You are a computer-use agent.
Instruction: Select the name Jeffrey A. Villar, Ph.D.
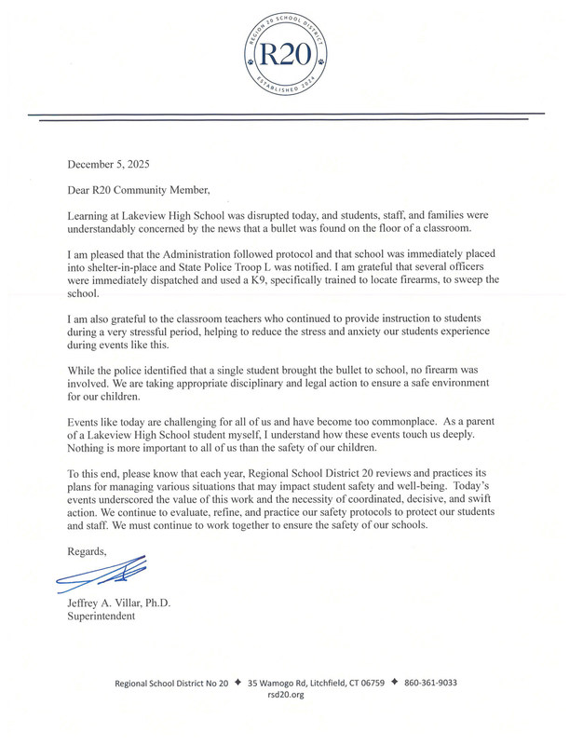tap(119, 602)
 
